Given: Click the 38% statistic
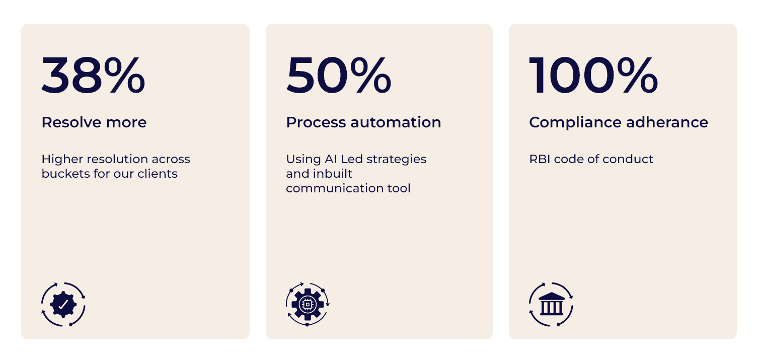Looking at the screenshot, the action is pos(94,75).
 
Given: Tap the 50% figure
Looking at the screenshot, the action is pos(339,75).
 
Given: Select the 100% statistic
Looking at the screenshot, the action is pos(593,75).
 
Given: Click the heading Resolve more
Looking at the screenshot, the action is pos(94,122).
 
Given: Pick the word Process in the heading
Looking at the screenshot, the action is pos(316,122).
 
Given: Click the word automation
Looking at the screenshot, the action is pos(396,122).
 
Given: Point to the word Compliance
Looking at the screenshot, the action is pos(575,123).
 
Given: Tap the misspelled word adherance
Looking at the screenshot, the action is pos(667,122).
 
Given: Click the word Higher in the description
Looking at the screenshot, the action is pos(62,160).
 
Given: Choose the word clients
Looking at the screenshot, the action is pos(158,174).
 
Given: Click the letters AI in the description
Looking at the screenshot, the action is pos(331,159).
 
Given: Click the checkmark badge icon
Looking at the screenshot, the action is pos(63,305).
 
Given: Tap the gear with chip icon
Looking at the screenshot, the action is pos(308,305).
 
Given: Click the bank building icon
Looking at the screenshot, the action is pos(551,305).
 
